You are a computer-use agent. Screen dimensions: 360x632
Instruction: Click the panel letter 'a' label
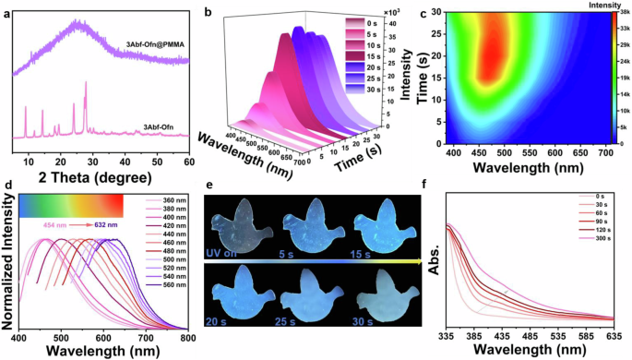[x=7, y=8]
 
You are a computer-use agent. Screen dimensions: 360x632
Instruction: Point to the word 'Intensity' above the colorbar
[x=604, y=7]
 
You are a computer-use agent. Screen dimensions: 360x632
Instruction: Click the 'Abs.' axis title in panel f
[x=431, y=270]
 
